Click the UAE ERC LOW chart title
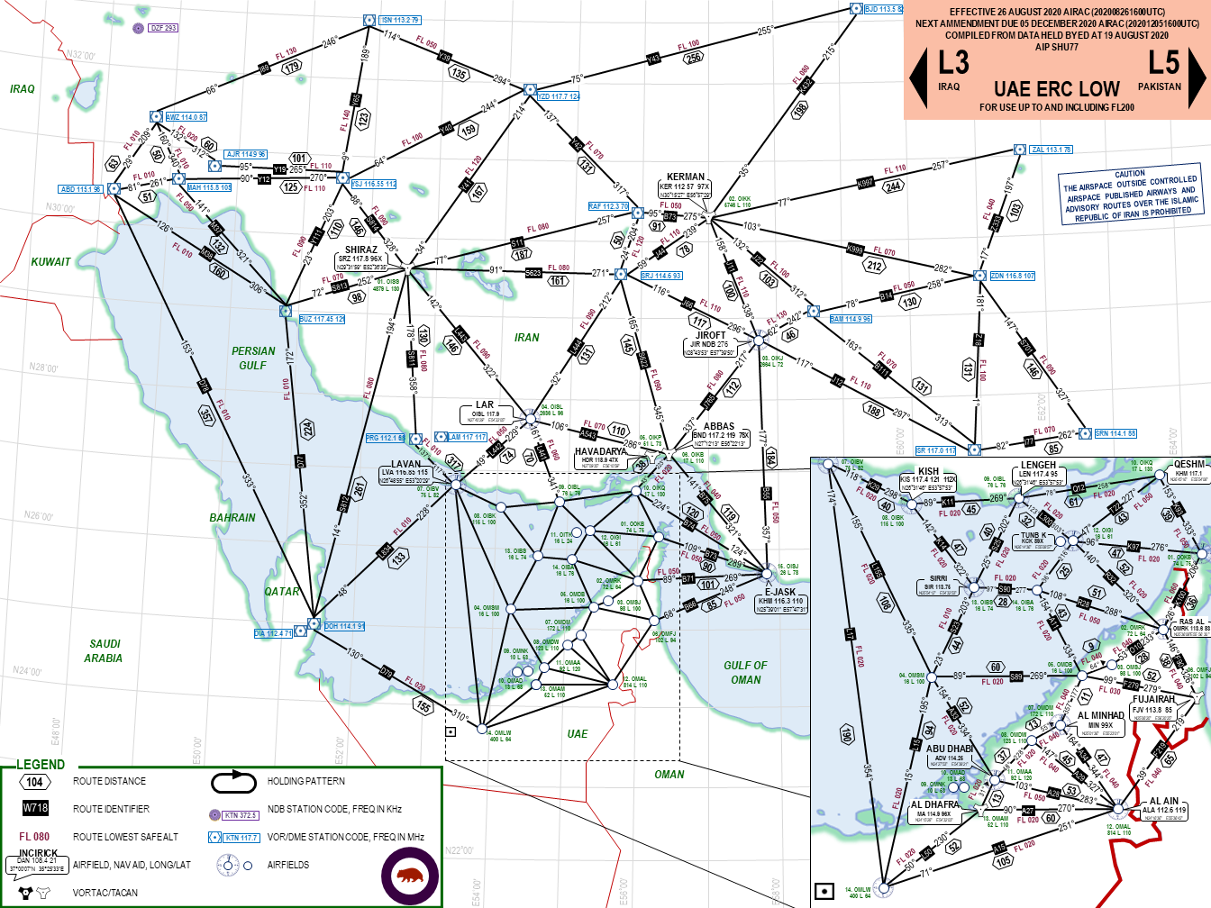pyautogui.click(x=1056, y=89)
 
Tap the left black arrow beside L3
pyautogui.click(x=918, y=77)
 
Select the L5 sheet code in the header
pyautogui.click(x=1163, y=63)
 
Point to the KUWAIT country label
pyautogui.click(x=50, y=262)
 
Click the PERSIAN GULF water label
pyautogui.click(x=253, y=358)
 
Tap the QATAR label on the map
pyautogui.click(x=282, y=592)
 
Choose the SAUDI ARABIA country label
pyautogui.click(x=105, y=651)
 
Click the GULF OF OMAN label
pyautogui.click(x=745, y=672)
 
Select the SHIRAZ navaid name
pyautogui.click(x=361, y=250)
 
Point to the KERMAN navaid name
pyautogui.click(x=686, y=177)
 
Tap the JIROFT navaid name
pyautogui.click(x=710, y=335)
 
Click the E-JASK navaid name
pyautogui.click(x=780, y=592)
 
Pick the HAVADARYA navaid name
pyautogui.click(x=600, y=451)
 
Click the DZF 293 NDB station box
pyautogui.click(x=163, y=28)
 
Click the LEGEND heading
pyautogui.click(x=41, y=765)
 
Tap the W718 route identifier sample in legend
pyautogui.click(x=35, y=808)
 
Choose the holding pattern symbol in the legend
pyautogui.click(x=234, y=781)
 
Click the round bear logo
pyautogui.click(x=410, y=876)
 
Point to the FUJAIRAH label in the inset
pyautogui.click(x=1153, y=699)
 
